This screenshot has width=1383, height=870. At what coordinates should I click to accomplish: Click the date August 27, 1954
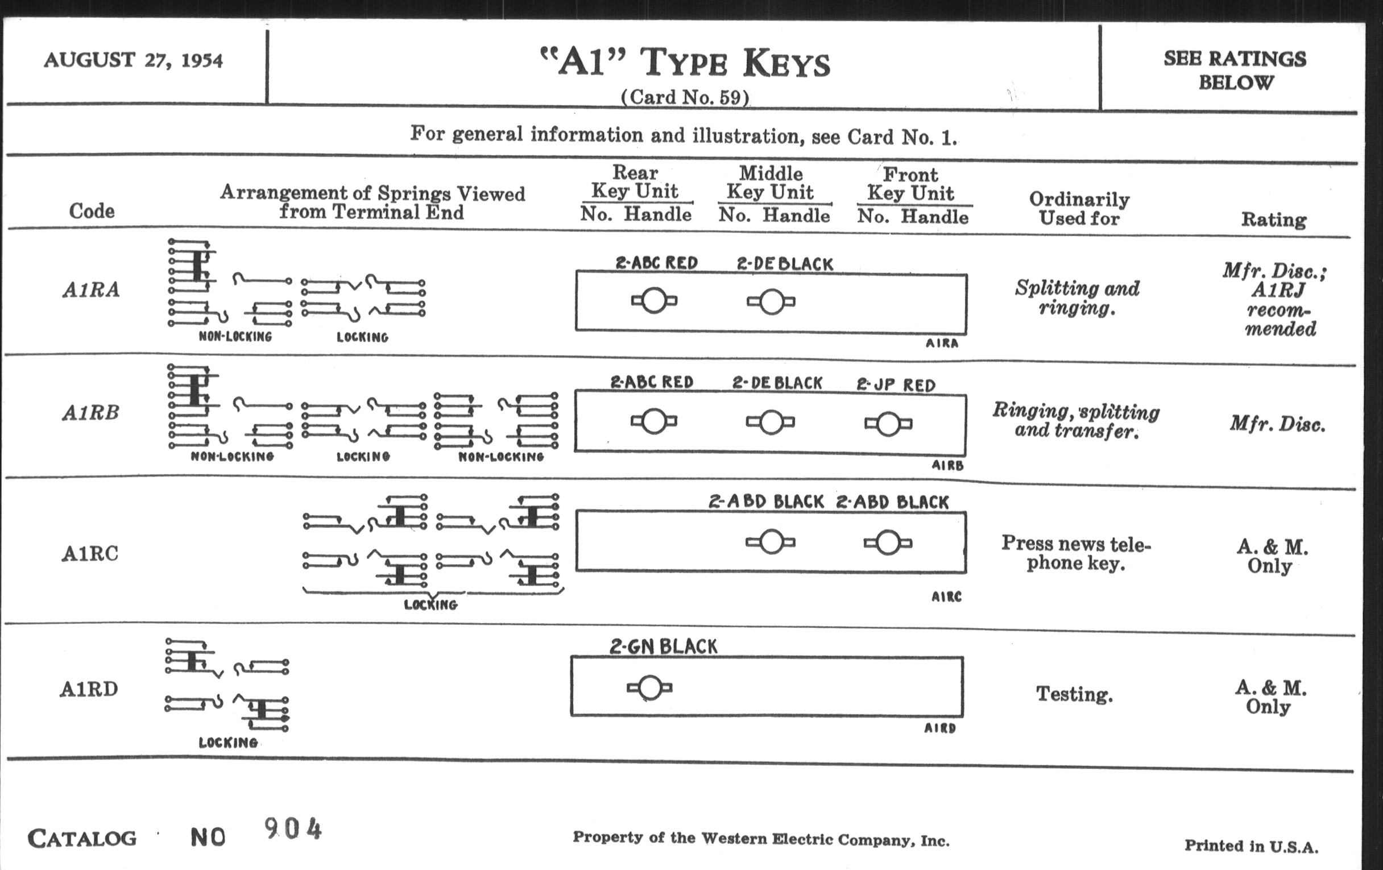pos(133,60)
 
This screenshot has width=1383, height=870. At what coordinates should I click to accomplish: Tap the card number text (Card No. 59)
pos(685,97)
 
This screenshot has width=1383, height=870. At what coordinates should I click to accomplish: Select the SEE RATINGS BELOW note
pos(1235,70)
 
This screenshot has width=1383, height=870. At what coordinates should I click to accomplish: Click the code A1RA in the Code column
pos(92,289)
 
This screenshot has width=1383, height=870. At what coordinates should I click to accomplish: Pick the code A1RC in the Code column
pos(90,554)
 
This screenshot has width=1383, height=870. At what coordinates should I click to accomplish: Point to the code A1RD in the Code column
pos(89,689)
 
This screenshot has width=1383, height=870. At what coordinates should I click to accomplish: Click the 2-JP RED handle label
pos(896,385)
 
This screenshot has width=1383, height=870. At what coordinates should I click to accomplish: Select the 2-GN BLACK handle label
pos(664,647)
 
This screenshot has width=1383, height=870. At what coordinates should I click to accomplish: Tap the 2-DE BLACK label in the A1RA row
pos(785,264)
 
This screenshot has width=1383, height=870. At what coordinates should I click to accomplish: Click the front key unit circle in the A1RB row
pos(888,424)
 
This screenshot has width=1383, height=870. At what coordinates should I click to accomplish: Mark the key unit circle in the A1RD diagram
pos(649,687)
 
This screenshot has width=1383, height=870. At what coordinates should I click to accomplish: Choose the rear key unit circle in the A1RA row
pos(653,300)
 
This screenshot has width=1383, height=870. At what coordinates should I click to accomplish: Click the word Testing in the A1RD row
pos(1074,694)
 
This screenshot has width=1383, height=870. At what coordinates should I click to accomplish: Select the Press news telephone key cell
pos(1076,553)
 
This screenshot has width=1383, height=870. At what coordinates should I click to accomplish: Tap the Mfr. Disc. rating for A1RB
pos(1277,424)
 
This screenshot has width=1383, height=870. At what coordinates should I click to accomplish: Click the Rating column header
pos(1273,219)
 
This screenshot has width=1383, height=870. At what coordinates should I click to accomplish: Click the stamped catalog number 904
pos(293,828)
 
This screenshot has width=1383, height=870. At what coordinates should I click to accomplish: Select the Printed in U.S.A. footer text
pos(1251,846)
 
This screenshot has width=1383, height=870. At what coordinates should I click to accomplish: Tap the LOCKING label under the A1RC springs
pos(430,604)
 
